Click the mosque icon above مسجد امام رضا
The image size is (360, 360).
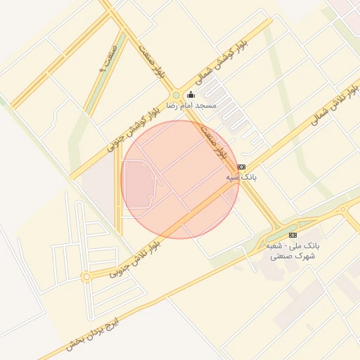tap(191, 95)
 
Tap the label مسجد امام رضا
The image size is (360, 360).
tap(191, 105)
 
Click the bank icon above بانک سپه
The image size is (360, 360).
tap(242, 167)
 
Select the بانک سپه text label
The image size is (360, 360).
tap(241, 178)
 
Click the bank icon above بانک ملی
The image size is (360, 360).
tap(293, 235)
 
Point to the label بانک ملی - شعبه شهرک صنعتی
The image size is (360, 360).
tap(292, 252)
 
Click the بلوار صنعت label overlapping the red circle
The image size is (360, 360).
tap(215, 141)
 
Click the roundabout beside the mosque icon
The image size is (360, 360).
tap(175, 95)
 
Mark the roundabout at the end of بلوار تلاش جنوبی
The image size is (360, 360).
tap(86, 278)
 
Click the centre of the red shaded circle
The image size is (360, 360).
tap(181, 179)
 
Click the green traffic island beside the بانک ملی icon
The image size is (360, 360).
tap(281, 235)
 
